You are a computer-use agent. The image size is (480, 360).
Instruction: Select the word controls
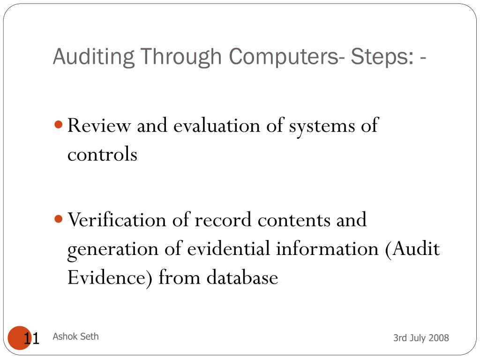click(x=102, y=154)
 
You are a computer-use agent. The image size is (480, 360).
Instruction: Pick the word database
click(x=242, y=277)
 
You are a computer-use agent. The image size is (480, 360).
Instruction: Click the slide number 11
click(x=31, y=338)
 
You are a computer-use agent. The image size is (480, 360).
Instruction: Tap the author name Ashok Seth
click(x=75, y=336)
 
